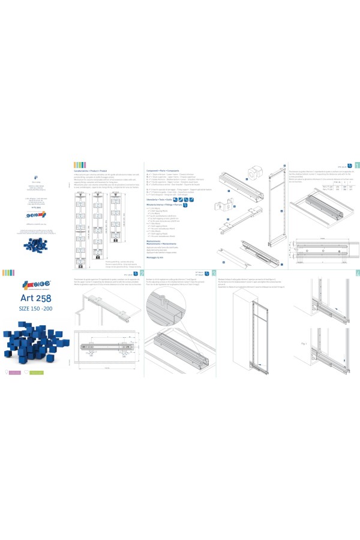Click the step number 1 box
tap(358, 164)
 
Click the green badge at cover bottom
tap(38, 373)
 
